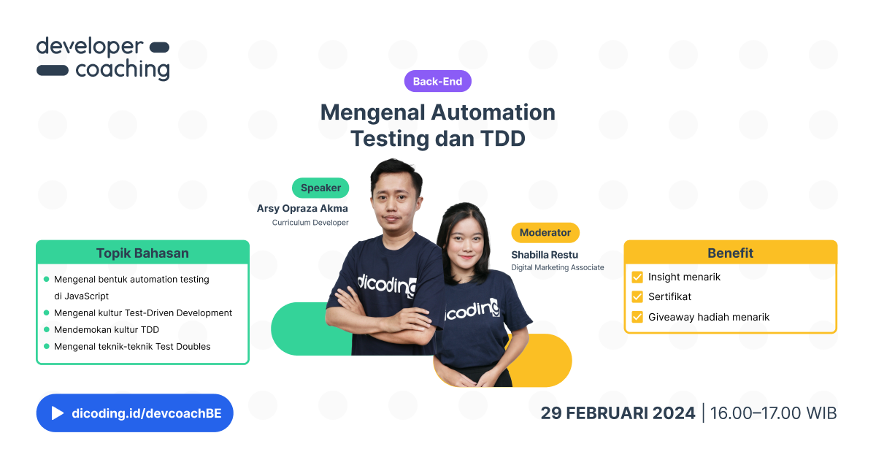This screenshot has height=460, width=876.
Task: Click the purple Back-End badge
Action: tap(437, 82)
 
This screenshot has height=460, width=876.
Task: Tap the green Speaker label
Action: tap(320, 188)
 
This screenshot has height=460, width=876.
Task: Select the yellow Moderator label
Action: tap(545, 233)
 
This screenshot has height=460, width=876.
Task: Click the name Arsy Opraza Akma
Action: tap(302, 209)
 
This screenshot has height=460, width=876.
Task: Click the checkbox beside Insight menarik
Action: tap(637, 277)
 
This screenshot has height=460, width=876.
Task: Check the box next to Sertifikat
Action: tap(637, 297)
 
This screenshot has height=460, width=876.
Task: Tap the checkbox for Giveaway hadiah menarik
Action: tap(637, 317)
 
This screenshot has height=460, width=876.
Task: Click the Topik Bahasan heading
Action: tap(142, 253)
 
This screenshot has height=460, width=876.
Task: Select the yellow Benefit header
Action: tap(730, 253)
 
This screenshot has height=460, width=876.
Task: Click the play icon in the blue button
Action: tap(57, 413)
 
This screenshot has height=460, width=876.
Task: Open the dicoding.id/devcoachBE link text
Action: tap(152, 413)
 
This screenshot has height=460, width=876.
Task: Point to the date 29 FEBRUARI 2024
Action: tap(618, 413)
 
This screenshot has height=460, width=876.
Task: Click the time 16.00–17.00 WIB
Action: tap(773, 413)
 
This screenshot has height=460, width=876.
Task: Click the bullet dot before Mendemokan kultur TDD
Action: tap(47, 330)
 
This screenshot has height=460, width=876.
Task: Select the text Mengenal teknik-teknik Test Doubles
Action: tap(132, 347)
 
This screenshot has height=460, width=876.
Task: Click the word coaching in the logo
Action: tap(122, 70)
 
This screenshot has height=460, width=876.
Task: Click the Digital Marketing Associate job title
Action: tap(558, 268)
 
